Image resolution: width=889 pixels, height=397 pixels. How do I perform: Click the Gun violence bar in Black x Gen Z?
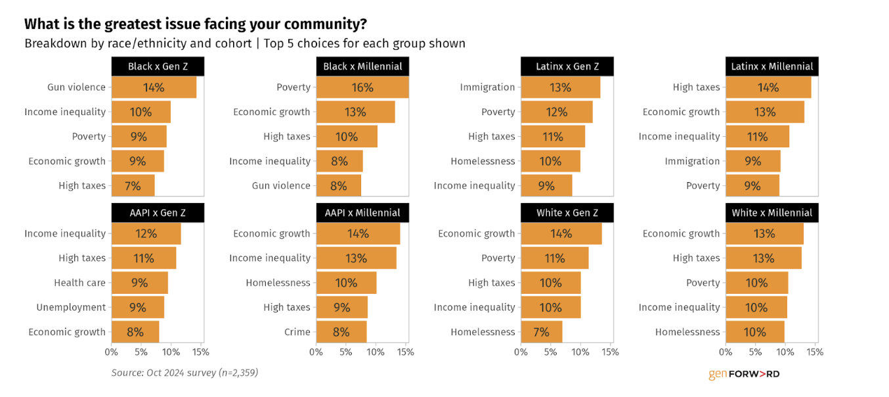pyautogui.click(x=154, y=87)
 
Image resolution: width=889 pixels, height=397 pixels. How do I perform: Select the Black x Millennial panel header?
pyautogui.click(x=362, y=66)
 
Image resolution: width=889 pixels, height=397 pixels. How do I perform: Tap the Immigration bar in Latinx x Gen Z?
pyautogui.click(x=560, y=87)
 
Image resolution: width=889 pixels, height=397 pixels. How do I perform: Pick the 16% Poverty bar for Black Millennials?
pyautogui.click(x=362, y=87)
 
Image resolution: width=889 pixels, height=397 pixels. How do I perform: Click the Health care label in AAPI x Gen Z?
pyautogui.click(x=79, y=283)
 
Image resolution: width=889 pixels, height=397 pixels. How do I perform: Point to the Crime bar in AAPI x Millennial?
pyautogui.click(x=341, y=332)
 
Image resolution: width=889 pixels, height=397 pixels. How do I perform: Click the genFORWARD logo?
pyautogui.click(x=744, y=374)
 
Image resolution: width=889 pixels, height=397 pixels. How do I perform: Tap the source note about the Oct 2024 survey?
pyautogui.click(x=184, y=373)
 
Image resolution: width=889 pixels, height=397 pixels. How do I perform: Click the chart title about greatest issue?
pyautogui.click(x=195, y=24)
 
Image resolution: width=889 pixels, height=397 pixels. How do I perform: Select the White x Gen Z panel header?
pyautogui.click(x=567, y=213)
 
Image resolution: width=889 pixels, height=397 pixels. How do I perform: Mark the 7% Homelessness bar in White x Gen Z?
pyautogui.click(x=541, y=332)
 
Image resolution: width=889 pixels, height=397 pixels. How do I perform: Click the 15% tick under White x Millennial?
pyautogui.click(x=815, y=352)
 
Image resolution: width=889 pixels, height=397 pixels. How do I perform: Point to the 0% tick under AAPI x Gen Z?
pyautogui.click(x=112, y=352)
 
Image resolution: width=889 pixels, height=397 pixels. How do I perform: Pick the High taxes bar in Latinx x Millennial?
pyautogui.click(x=768, y=87)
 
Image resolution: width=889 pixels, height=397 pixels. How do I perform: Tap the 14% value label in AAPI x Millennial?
pyautogui.click(x=358, y=233)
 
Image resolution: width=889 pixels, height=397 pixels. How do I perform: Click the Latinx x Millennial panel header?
pyautogui.click(x=772, y=66)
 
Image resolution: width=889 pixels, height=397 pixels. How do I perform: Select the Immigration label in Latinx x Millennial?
pyautogui.click(x=692, y=161)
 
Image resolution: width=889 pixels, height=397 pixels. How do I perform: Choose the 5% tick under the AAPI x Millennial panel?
pyautogui.click(x=346, y=352)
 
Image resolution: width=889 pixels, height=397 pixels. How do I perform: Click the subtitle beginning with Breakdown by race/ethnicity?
pyautogui.click(x=245, y=44)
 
